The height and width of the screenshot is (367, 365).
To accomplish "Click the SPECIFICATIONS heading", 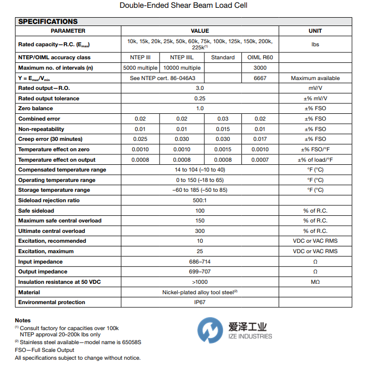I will pos(48,21).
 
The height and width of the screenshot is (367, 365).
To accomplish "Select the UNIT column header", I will pos(315,31).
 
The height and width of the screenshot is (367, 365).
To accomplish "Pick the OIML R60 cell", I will pos(260,58).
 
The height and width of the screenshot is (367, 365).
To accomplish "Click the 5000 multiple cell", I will pos(140,68).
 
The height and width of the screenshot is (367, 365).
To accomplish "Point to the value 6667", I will pos(260,78).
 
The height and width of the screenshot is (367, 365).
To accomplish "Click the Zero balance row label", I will pos(35,109).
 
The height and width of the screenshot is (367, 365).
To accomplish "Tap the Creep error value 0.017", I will pos(260,139).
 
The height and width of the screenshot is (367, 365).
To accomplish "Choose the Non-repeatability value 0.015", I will pos(223,129).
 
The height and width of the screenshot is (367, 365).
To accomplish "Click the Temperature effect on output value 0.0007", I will pos(260,160).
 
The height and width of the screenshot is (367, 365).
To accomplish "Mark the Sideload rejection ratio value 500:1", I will pos(200,201).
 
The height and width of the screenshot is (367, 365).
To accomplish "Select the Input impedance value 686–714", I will pos(200,262).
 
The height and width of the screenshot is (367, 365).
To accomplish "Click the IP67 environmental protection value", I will pos(200,303).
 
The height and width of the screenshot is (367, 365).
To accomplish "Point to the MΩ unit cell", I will pos(315,282).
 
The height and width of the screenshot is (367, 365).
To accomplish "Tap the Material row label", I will pos(29,293).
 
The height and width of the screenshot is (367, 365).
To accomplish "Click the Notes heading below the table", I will pos(23,321).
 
